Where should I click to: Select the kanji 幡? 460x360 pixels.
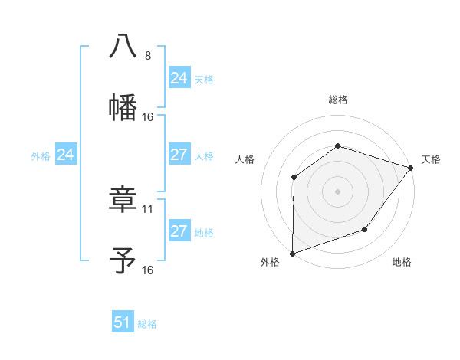[x=123, y=106]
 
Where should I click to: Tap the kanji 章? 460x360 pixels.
[x=123, y=199]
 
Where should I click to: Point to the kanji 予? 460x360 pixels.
[x=123, y=260]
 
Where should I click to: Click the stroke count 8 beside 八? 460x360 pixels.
[x=148, y=56]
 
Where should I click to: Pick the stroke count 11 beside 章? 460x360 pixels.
[x=148, y=208]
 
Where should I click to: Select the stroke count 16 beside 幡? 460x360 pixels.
[x=148, y=117]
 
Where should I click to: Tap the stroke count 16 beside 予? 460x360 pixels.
[x=148, y=270]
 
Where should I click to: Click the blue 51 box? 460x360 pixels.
[x=123, y=322]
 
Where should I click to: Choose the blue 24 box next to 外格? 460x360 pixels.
[x=66, y=155]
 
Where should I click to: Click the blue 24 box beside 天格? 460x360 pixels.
[x=179, y=78]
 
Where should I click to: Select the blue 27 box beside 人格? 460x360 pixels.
[x=179, y=155]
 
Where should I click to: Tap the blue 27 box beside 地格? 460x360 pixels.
[x=179, y=231]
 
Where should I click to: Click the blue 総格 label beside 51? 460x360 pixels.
[x=147, y=324]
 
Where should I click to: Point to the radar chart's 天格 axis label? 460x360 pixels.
[x=431, y=159]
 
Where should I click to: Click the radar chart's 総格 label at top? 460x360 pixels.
[x=338, y=100]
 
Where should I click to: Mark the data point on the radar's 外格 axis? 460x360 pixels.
[x=293, y=253]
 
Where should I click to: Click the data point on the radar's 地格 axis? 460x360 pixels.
[x=366, y=229]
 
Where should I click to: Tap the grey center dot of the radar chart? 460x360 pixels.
[x=337, y=191]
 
